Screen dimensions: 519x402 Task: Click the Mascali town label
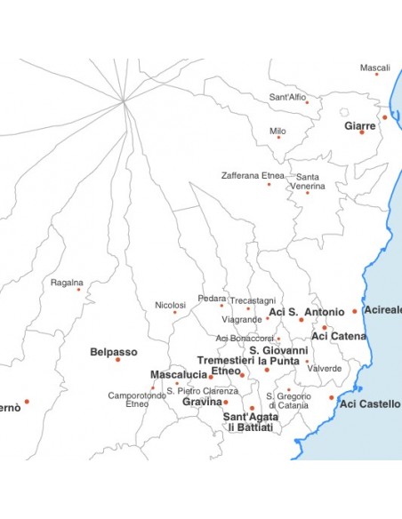coord(374,68)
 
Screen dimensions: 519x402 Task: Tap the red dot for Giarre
coord(362,132)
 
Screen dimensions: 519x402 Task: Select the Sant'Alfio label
coord(287,97)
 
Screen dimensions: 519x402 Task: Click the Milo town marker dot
coord(278,137)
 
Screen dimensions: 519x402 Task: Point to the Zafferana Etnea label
coord(253,175)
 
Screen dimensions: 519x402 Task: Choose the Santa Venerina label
coord(310,181)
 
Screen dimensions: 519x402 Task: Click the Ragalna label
coord(67,282)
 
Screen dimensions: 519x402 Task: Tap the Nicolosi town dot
coord(175,312)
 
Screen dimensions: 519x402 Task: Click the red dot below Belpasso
coord(117,359)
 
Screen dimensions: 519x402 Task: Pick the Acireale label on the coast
coord(382,309)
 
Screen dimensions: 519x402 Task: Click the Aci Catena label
coord(339,336)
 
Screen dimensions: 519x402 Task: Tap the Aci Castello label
coord(370,403)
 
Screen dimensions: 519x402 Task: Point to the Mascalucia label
coord(178,374)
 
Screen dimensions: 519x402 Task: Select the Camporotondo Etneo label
coord(137,399)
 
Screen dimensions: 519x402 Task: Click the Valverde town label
coord(325,368)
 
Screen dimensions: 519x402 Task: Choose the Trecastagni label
coord(253,300)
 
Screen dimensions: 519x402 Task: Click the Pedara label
coord(212,299)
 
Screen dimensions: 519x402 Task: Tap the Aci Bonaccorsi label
coord(245,338)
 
